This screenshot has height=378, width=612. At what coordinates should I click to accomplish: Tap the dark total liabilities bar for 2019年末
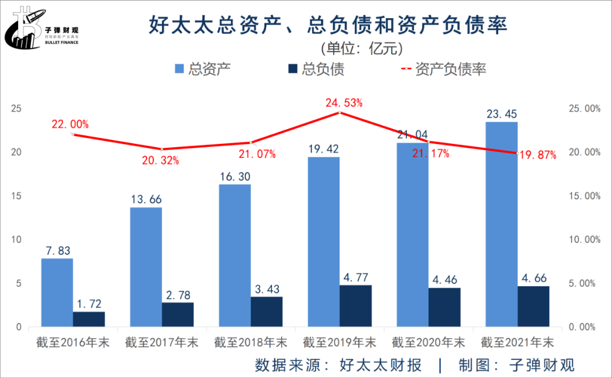356,305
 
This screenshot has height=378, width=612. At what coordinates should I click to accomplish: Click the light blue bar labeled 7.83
57,292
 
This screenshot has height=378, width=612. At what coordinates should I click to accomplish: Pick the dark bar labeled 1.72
89,319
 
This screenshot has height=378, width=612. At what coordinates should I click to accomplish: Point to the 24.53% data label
344,103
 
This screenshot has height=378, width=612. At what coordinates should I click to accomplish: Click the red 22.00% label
70,125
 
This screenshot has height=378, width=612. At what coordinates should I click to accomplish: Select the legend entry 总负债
317,69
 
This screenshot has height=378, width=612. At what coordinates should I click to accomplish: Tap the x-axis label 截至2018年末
250,343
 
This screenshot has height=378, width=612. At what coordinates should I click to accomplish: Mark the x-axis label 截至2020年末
428,343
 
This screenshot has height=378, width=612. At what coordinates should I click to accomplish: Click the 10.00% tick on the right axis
584,240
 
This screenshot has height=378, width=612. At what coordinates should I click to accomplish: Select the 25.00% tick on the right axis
584,109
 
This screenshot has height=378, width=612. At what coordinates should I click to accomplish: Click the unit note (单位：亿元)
362,48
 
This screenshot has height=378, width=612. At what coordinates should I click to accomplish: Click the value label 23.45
501,114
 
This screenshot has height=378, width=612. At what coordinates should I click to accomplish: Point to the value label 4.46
444,280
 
